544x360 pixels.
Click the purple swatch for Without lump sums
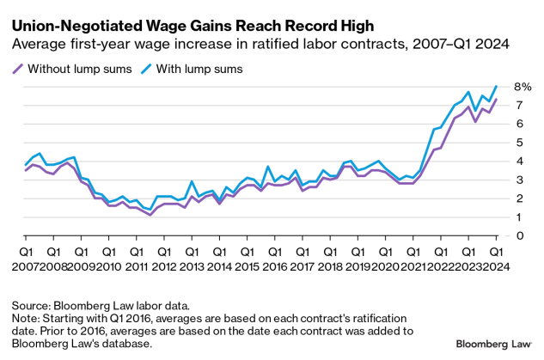(17, 69)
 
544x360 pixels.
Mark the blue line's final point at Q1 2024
(497, 86)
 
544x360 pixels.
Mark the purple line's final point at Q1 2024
(497, 99)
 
